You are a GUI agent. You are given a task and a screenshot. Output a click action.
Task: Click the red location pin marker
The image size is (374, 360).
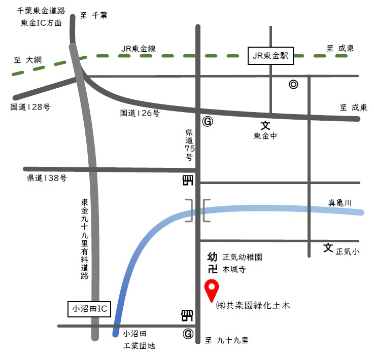211,291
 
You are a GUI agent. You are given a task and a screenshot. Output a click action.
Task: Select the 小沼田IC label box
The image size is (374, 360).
89,309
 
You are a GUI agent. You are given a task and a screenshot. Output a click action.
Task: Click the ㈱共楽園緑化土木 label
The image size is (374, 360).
252,306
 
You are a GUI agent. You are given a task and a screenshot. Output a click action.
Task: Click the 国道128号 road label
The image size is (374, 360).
30,107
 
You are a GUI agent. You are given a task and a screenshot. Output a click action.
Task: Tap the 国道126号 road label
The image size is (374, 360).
140,114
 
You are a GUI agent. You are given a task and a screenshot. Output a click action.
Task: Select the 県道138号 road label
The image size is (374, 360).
47,178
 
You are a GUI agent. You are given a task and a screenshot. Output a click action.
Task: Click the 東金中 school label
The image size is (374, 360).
265,136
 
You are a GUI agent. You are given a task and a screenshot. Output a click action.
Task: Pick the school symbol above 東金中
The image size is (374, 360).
265,125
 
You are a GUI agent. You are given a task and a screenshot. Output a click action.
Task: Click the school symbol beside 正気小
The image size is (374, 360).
328,248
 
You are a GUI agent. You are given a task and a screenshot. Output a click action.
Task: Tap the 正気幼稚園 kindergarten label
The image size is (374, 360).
242,258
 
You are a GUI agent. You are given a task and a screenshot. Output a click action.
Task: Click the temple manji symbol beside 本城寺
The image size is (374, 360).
213,269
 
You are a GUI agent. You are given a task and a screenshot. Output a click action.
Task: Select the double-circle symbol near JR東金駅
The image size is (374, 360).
293,85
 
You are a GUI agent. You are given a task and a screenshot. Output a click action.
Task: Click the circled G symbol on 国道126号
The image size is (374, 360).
207,122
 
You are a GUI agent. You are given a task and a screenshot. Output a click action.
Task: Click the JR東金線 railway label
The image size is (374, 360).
139,49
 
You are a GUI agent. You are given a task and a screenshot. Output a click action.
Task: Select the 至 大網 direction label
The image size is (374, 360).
28,60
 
